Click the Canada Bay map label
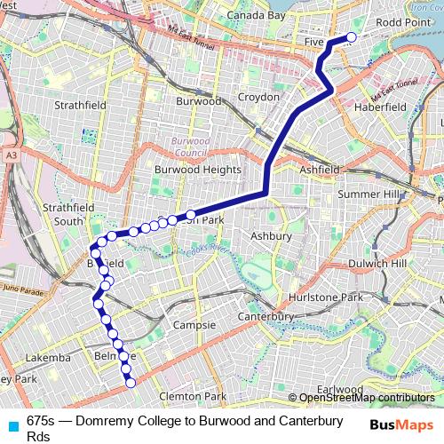click(x=257, y=16)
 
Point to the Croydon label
click(x=258, y=96)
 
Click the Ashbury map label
click(x=270, y=236)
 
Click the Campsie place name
click(x=194, y=325)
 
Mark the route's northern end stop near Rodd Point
click(x=350, y=37)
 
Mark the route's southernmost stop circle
click(x=131, y=384)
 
